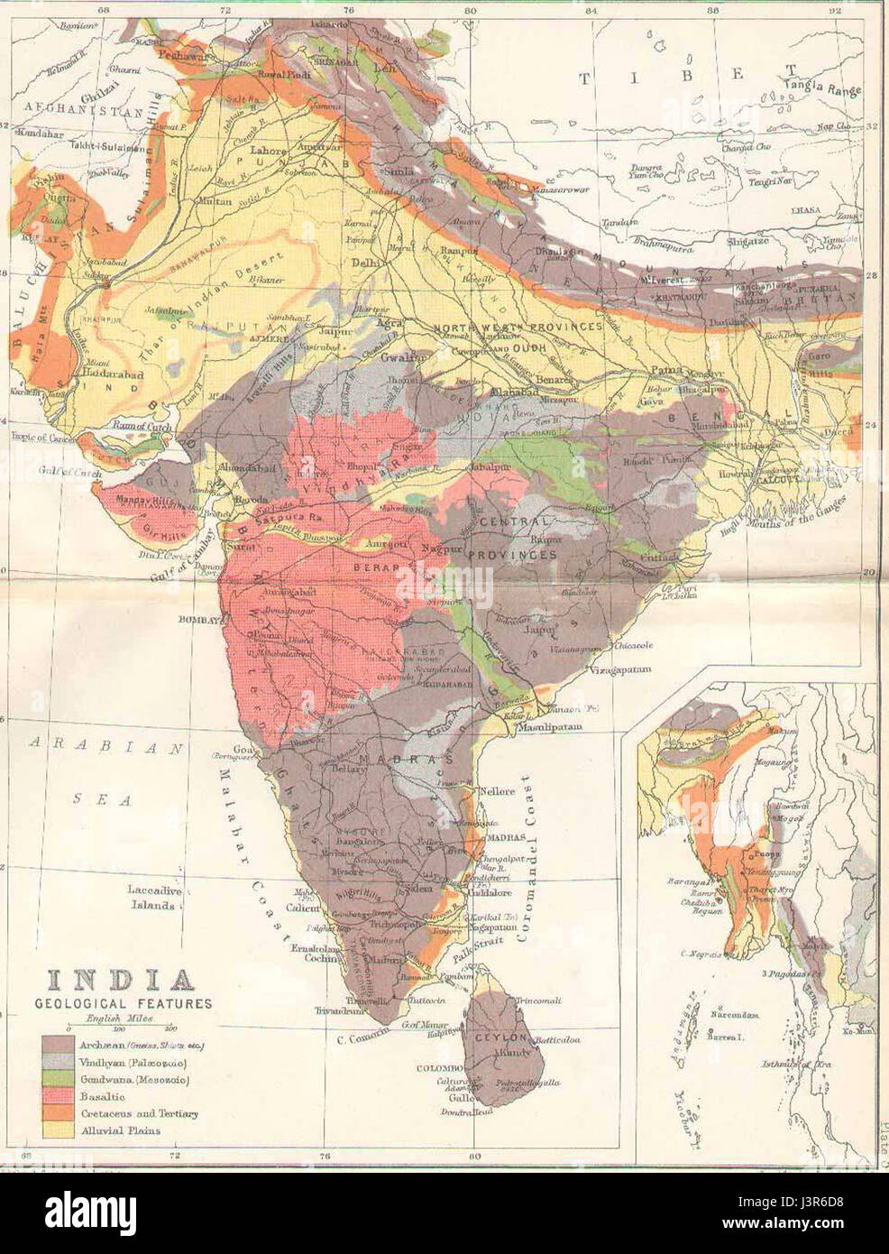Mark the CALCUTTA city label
pyautogui.click(x=785, y=481)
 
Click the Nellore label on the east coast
pyautogui.click(x=496, y=791)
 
